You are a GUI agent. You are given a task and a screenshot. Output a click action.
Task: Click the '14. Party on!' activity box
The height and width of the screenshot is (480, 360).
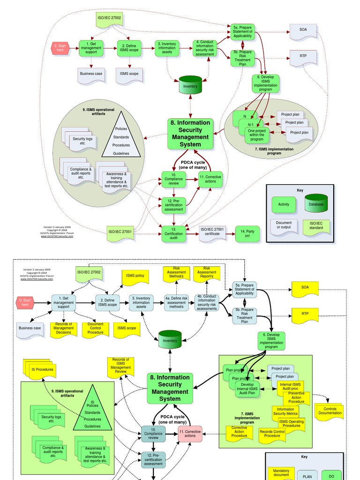247,233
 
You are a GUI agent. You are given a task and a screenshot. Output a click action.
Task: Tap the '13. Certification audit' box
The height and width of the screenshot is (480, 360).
174,233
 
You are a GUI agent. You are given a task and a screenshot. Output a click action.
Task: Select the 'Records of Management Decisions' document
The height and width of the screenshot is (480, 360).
64,330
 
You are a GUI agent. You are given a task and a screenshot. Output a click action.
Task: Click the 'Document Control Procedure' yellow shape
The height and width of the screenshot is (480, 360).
96,330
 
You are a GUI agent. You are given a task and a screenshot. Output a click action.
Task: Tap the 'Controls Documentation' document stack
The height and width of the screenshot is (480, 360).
330,411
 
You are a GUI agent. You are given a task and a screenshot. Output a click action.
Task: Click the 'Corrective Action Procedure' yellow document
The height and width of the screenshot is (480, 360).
239,432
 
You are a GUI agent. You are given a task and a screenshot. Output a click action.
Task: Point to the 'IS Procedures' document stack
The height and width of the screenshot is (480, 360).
42,370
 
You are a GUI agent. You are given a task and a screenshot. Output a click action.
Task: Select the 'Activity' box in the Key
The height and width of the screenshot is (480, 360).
284,204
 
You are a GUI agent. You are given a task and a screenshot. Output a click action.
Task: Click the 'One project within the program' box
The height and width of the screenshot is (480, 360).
257,134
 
